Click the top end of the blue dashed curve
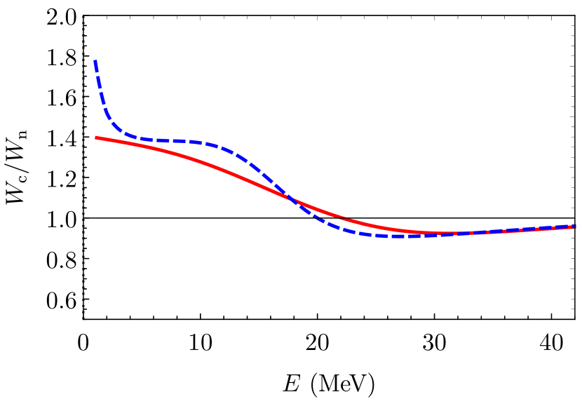95,62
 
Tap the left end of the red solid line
97,137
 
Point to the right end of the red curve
574,227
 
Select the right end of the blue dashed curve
574,226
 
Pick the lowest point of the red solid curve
438,233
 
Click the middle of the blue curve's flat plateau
168,140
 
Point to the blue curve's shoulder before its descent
224,148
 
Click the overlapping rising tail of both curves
519,230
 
